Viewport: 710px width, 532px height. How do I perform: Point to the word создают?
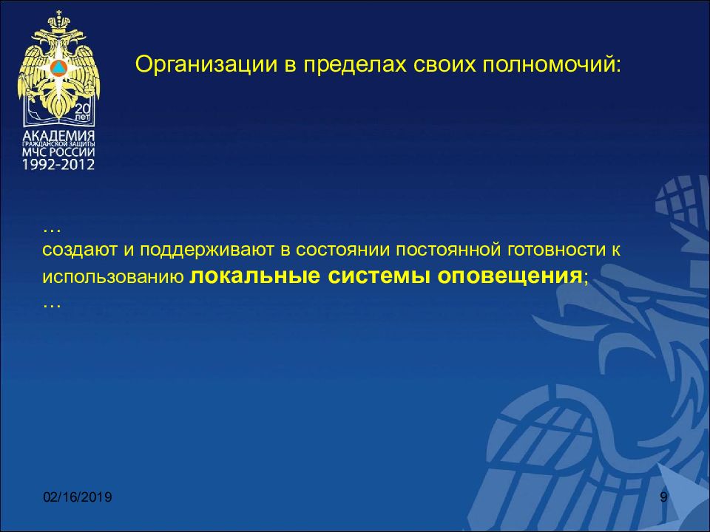pyautogui.click(x=78, y=250)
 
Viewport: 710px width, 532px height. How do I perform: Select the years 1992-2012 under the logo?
pyautogui.click(x=58, y=165)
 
